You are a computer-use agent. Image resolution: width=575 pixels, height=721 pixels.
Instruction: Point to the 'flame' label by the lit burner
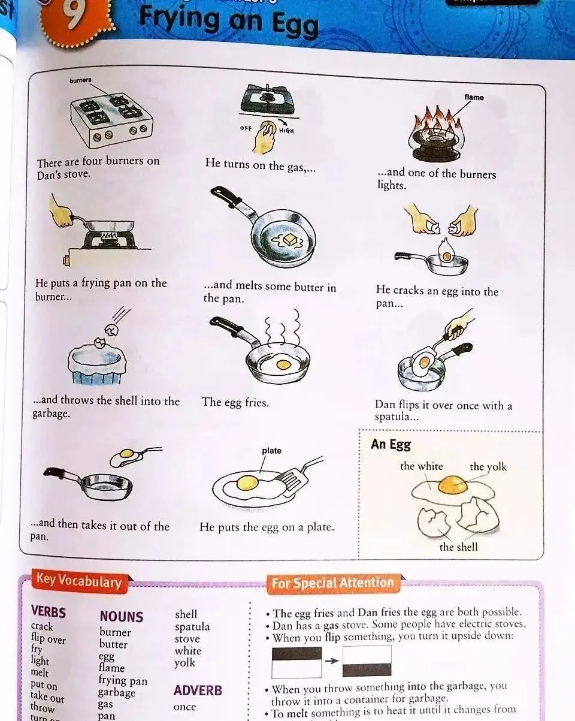[473, 97]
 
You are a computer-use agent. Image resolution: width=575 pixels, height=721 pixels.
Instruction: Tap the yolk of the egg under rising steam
[283, 364]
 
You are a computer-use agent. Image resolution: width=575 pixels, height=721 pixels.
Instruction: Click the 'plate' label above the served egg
[271, 450]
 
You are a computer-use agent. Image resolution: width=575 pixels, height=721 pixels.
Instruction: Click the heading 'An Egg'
[391, 444]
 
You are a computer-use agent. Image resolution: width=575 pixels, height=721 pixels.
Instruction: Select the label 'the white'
[422, 466]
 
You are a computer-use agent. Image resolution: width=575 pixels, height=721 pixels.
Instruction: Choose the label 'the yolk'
[488, 467]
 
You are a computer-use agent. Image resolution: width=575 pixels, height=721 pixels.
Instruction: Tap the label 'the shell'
[458, 547]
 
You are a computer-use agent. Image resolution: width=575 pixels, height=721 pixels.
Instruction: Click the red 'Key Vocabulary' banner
[78, 581]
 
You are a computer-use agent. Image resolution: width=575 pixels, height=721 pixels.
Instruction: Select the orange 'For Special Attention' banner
[332, 583]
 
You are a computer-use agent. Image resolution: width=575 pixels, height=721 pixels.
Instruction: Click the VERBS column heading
[49, 612]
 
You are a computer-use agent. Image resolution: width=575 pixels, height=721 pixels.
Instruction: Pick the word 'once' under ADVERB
[184, 707]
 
